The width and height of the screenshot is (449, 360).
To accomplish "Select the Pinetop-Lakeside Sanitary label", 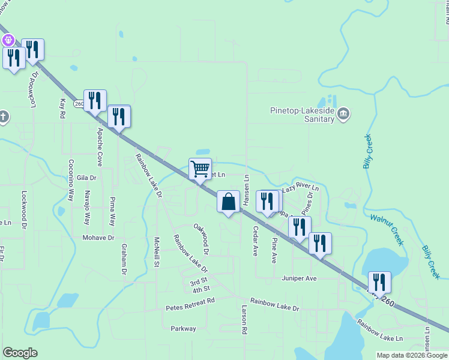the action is tap(301, 115).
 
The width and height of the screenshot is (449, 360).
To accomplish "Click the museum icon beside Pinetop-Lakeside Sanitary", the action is tap(343, 113).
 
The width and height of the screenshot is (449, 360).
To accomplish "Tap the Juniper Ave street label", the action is tap(299, 278).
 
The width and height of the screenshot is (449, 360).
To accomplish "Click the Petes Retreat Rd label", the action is tap(189, 307).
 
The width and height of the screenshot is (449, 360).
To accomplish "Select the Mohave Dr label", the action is tap(98, 238).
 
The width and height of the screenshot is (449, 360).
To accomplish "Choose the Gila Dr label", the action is tap(87, 178).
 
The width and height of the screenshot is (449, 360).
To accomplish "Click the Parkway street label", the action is tap(183, 328).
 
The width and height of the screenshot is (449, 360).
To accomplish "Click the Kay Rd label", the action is tap(62, 109).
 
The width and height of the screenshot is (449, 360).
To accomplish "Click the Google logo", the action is tap(20, 353).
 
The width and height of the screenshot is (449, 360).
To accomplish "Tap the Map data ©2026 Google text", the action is tap(412, 355).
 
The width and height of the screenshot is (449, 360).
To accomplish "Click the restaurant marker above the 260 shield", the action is tap(95, 100).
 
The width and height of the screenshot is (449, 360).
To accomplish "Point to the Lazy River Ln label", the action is tap(300, 188).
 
